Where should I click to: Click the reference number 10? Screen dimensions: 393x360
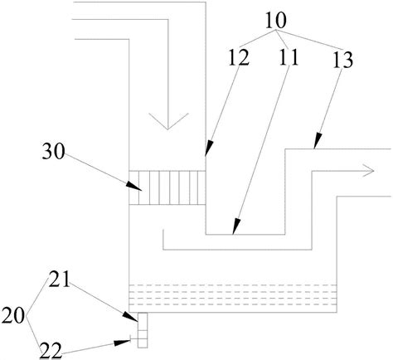(276, 22)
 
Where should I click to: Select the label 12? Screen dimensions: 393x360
(239, 57)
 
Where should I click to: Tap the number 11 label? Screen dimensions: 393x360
(289, 57)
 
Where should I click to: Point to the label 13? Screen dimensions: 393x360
(342, 60)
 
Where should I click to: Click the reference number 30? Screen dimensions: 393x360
(53, 152)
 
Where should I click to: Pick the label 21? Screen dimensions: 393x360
(59, 280)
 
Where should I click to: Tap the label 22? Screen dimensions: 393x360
(51, 351)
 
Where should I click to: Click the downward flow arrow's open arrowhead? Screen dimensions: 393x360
(167, 121)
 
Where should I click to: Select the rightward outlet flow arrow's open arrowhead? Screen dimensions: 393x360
(368, 171)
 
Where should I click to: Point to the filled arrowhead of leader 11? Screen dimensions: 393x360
(236, 226)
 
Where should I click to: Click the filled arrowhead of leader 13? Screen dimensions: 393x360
(318, 141)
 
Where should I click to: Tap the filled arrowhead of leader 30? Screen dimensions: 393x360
(134, 187)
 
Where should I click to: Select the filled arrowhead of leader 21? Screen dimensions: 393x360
(130, 317)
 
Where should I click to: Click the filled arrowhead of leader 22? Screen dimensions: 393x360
(123, 343)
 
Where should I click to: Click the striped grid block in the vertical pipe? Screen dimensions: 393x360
(167, 187)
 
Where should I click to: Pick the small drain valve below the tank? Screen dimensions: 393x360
(143, 330)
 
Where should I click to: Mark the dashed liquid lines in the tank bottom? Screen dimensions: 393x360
(233, 294)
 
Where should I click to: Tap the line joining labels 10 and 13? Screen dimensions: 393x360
(308, 41)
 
